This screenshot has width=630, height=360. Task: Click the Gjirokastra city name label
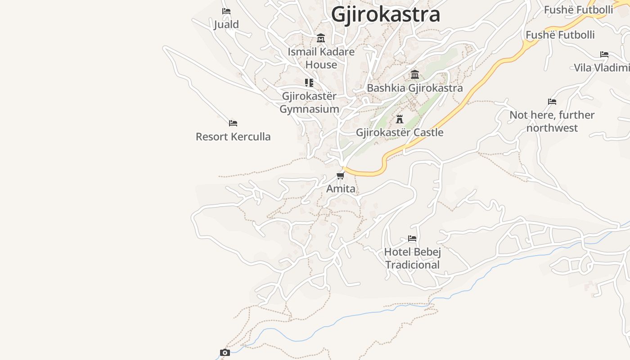point(385,14)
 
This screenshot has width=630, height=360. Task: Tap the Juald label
point(226,24)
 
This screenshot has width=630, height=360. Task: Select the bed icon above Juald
point(226,11)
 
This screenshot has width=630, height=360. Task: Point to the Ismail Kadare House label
point(321,58)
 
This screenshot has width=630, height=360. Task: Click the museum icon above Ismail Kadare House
point(321,38)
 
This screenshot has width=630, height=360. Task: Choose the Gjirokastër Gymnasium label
point(309,103)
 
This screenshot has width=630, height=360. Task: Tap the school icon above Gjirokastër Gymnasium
point(309,83)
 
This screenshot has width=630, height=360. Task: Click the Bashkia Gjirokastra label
point(414,88)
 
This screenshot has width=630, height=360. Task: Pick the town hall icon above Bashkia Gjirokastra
point(415,74)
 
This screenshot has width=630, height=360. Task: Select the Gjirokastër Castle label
point(400,132)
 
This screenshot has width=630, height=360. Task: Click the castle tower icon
point(400,119)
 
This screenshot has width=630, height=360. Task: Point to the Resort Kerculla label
point(233,136)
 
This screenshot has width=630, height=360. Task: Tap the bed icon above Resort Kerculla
point(233,123)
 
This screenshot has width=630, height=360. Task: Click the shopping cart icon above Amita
point(341,175)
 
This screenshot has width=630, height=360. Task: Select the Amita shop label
point(341,189)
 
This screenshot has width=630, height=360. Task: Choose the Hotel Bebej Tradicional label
point(412,258)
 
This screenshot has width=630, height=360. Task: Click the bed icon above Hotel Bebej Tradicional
point(412,238)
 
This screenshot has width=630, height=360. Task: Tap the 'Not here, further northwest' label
point(552,121)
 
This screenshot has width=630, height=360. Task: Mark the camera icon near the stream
point(225,352)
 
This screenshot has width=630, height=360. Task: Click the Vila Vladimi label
point(602,68)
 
